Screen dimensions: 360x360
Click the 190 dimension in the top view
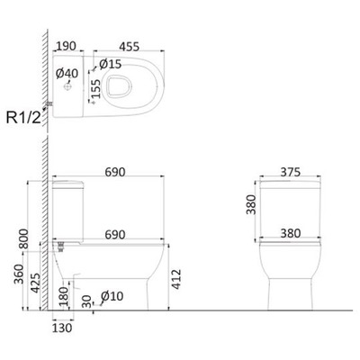tap(66, 46)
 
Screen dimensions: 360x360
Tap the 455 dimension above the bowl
tap(130, 47)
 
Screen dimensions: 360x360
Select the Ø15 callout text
tap(111, 64)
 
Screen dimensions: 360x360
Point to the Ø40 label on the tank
tap(67, 74)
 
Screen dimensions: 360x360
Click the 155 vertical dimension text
tap(96, 89)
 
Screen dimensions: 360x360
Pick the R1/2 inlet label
tap(23, 118)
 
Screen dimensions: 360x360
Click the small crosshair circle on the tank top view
tap(67, 87)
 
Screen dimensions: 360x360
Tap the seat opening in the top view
tap(120, 86)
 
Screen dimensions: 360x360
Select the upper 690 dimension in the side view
tap(115, 172)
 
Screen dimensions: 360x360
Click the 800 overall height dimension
tap(23, 238)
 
